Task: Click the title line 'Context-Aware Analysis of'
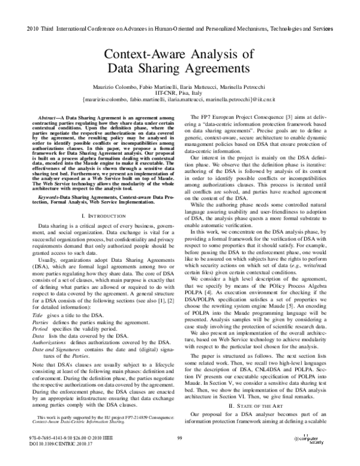click(x=180, y=58)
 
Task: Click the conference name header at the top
click(x=179, y=29)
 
